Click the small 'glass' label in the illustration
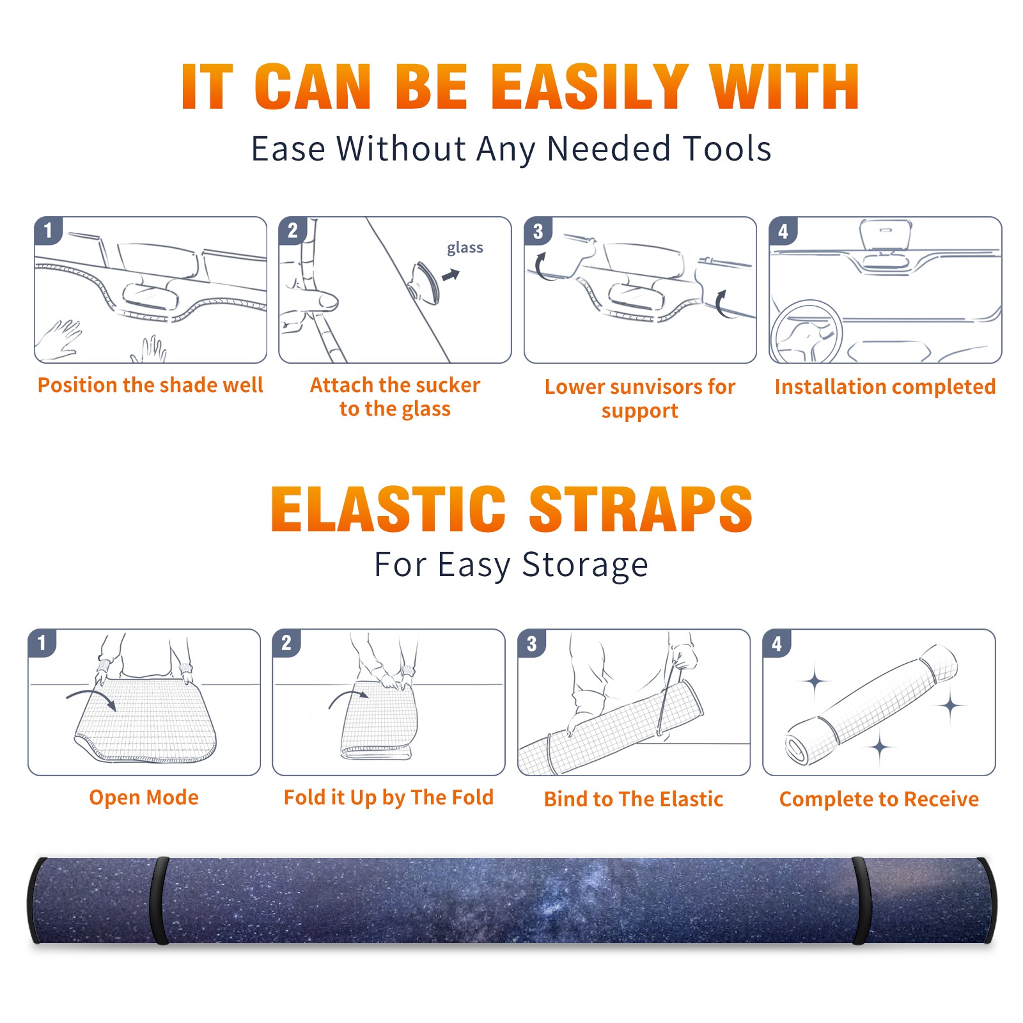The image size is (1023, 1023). point(465,248)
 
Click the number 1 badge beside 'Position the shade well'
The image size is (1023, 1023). point(48,230)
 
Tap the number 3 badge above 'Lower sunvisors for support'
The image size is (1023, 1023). point(538,231)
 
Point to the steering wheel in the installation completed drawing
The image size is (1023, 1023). point(806,332)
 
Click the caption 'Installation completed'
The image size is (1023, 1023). point(885,387)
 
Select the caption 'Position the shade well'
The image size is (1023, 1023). point(150,385)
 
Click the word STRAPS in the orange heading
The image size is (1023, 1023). point(641,509)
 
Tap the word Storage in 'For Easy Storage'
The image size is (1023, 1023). point(585,565)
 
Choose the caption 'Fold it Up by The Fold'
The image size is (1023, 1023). point(389,797)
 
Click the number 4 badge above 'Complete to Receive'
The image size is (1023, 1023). point(776,643)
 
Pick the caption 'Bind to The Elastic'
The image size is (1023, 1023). point(634,799)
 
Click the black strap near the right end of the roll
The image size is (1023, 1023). point(861,900)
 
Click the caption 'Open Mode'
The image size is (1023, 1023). point(144,797)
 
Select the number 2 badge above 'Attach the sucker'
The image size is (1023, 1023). point(293,230)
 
